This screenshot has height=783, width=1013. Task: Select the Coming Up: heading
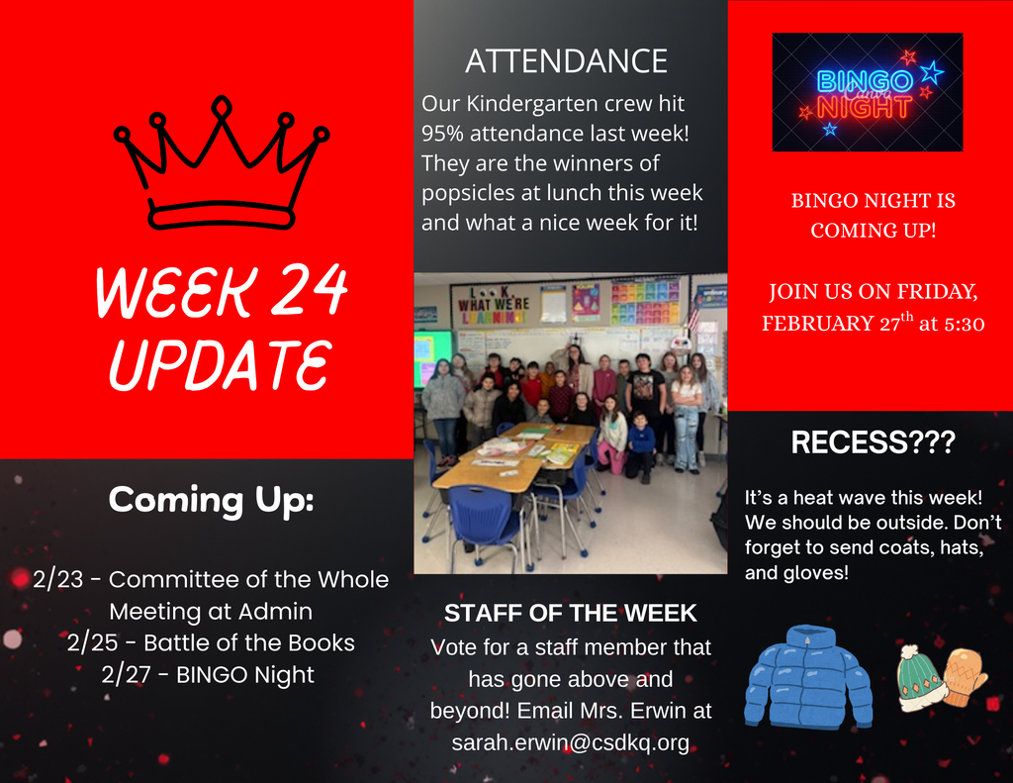(x=211, y=500)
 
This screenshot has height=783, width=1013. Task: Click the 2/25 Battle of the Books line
(x=211, y=642)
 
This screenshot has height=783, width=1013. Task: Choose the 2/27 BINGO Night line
(x=208, y=675)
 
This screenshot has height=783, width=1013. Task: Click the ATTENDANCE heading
(x=566, y=61)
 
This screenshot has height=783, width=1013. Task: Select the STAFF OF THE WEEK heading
(x=570, y=614)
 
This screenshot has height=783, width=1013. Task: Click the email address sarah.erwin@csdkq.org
(x=570, y=742)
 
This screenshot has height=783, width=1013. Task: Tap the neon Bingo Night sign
(x=867, y=93)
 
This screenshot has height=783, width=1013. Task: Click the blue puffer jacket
(x=808, y=678)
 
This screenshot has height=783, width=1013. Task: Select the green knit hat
(x=920, y=678)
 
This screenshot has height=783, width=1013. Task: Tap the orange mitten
(x=964, y=677)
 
